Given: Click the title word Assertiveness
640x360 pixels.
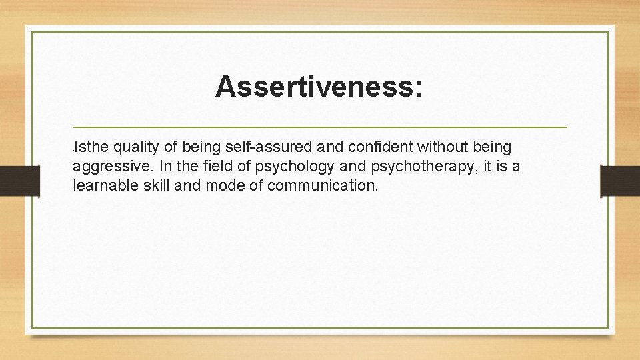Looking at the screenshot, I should tap(313, 87).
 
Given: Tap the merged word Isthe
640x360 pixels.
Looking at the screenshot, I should tap(93, 146).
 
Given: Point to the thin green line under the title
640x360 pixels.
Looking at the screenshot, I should tap(320, 127).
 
